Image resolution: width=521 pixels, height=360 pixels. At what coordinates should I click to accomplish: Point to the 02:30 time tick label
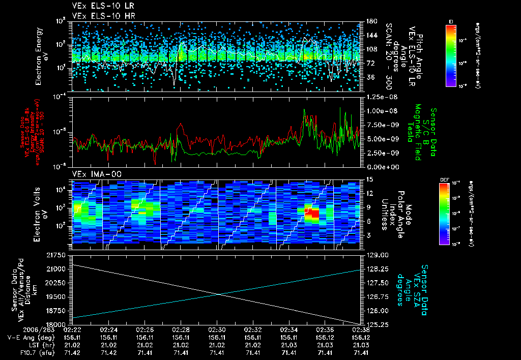[x=217, y=329]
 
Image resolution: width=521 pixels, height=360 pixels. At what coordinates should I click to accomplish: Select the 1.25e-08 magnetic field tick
[x=379, y=97]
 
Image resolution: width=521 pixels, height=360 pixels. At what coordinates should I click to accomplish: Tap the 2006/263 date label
[x=44, y=329]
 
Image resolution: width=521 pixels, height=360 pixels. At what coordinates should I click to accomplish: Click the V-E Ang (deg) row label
[x=32, y=337]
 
